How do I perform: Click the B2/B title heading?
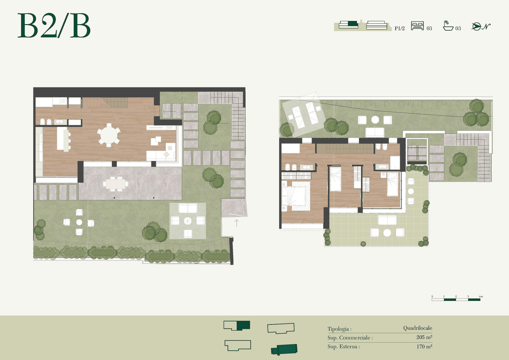54,25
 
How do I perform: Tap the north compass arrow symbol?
481,27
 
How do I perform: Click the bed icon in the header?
417,26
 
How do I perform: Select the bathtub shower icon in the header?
448,25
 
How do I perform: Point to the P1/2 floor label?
400,28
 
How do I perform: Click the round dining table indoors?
109,135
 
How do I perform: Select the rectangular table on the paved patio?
116,184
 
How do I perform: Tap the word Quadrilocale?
418,328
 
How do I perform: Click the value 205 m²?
424,337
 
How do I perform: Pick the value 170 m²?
424,346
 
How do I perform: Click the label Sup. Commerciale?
350,338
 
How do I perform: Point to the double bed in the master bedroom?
294,196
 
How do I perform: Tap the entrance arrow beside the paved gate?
237,223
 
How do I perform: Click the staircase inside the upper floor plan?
345,149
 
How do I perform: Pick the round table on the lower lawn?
79,222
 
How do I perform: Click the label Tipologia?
339,329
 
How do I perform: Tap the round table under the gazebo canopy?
187,221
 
